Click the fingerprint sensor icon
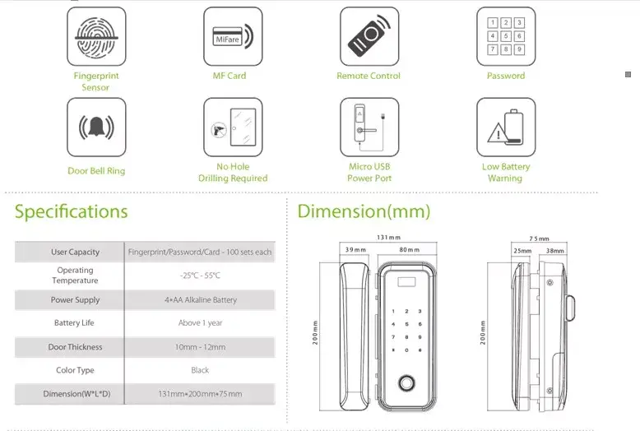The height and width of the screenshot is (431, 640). (96, 36)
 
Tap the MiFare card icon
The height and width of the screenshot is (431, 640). (233, 36)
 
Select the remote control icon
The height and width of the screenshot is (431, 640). (369, 36)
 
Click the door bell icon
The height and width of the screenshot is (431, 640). (96, 127)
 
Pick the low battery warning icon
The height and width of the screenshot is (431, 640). (506, 127)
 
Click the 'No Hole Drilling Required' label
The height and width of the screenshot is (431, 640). (233, 172)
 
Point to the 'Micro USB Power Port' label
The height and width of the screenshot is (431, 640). (369, 172)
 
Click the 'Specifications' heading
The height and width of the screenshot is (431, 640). (71, 211)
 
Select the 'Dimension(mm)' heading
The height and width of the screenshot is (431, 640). (364, 211)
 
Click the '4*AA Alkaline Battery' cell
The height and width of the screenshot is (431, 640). (201, 300)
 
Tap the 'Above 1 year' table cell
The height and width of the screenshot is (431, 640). (201, 323)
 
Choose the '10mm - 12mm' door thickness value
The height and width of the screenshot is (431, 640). (201, 347)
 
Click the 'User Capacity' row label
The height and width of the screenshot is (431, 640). (75, 252)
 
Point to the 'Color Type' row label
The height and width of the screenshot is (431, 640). (75, 370)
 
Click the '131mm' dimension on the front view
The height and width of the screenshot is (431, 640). (388, 237)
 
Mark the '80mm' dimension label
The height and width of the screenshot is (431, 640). (410, 249)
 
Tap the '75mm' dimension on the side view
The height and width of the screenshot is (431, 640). (539, 239)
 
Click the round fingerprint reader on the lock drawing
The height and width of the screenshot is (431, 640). (406, 383)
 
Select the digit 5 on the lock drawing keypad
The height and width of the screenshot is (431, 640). (406, 324)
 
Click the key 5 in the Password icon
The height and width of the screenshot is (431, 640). (506, 36)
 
